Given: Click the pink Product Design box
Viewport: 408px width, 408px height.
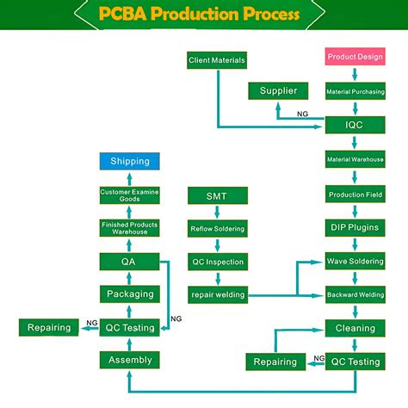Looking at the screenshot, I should pyautogui.click(x=355, y=58).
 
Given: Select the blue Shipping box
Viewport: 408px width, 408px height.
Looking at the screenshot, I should pyautogui.click(x=129, y=161).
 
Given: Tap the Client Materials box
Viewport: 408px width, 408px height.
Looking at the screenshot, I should pyautogui.click(x=217, y=60).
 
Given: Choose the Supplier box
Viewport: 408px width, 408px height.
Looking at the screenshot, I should pyautogui.click(x=278, y=91).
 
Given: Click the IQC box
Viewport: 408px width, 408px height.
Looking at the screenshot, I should pyautogui.click(x=355, y=125).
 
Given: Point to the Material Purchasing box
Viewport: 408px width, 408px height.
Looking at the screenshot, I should pyautogui.click(x=355, y=91).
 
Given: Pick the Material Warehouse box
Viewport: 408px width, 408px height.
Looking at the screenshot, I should pyautogui.click(x=355, y=160).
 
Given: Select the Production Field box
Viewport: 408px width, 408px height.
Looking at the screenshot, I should pyautogui.click(x=355, y=195).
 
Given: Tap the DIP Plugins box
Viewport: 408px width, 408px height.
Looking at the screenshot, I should pyautogui.click(x=355, y=228).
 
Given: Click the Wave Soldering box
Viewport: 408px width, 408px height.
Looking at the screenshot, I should pyautogui.click(x=355, y=261).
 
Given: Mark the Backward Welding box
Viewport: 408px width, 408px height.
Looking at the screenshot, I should pyautogui.click(x=355, y=294).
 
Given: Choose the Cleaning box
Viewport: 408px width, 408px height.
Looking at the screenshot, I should pyautogui.click(x=355, y=328).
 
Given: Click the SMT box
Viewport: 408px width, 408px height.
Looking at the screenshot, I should pyautogui.click(x=217, y=196).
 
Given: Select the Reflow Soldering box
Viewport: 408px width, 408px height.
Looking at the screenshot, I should pyautogui.click(x=217, y=229).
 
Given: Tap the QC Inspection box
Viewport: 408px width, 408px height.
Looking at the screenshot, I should pyautogui.click(x=217, y=262).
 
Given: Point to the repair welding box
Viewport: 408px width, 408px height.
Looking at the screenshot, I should pyautogui.click(x=217, y=295).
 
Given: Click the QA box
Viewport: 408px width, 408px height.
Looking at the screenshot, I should pyautogui.click(x=129, y=261).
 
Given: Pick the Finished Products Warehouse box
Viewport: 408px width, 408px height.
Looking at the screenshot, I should pyautogui.click(x=129, y=228).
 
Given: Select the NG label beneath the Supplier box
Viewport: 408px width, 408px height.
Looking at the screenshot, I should pyautogui.click(x=302, y=114).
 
